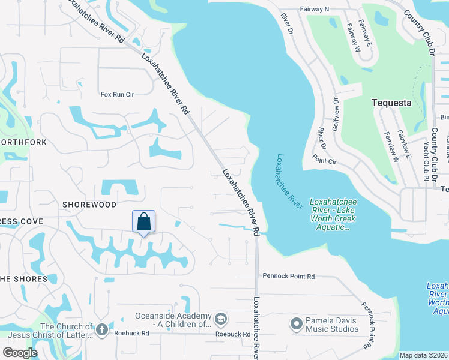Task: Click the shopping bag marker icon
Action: [x=144, y=221]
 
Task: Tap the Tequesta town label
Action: [x=391, y=103]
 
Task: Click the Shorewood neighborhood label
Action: [x=89, y=205]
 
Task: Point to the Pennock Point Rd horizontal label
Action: [x=288, y=276]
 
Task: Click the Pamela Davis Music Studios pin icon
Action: [x=295, y=325]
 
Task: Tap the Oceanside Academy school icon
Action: [x=221, y=318]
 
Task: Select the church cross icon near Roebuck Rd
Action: [x=102, y=329]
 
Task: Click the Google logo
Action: [x=20, y=352]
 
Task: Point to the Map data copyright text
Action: [x=423, y=355]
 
